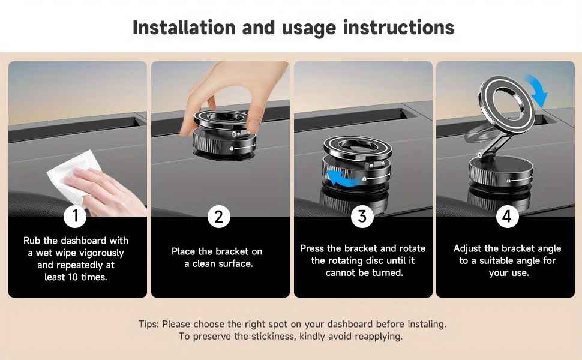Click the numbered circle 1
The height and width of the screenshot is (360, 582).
pos(75,216)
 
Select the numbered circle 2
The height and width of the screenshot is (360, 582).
pos(219,216)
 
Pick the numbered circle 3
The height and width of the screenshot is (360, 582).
pos(362,216)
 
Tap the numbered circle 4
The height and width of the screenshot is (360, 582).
pos(507,216)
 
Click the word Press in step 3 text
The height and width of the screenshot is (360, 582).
pos(312,248)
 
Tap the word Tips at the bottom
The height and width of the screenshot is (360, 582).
pos(148,324)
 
